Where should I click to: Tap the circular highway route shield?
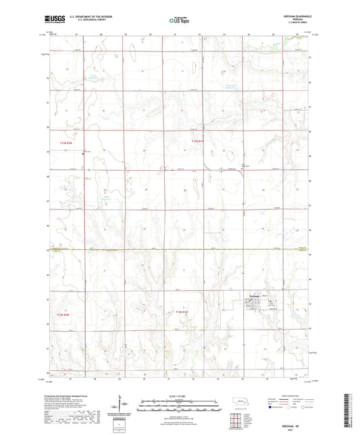click(220, 169)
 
